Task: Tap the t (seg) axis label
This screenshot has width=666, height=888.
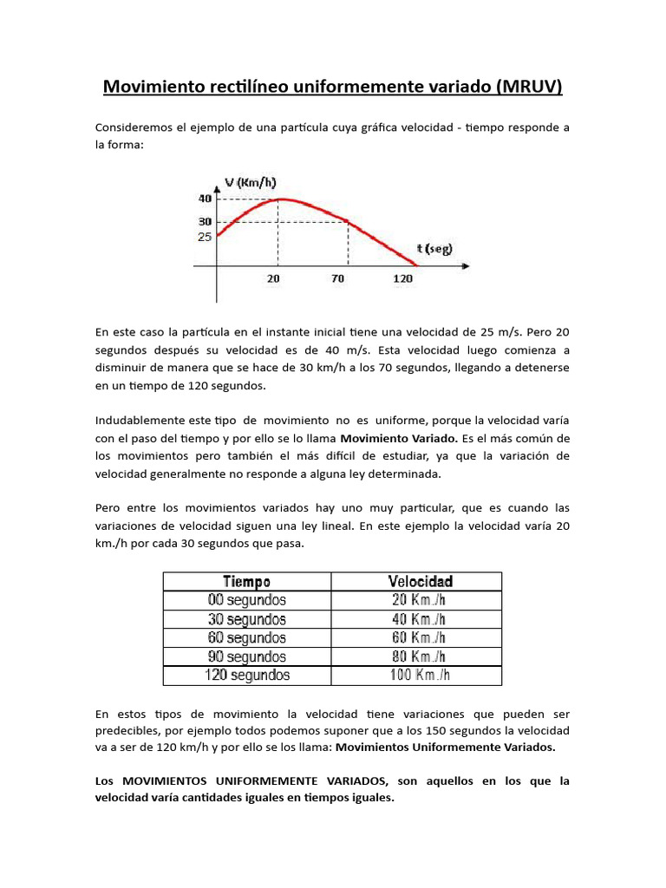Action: (x=432, y=249)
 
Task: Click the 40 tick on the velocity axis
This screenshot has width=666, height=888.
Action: (x=205, y=199)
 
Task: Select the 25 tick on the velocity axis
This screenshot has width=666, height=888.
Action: (x=205, y=237)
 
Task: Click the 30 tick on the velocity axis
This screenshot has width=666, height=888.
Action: (x=205, y=222)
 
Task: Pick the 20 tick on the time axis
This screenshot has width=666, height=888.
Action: (x=273, y=279)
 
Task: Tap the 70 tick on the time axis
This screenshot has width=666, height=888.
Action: (x=337, y=279)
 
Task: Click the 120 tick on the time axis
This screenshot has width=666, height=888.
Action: (x=403, y=279)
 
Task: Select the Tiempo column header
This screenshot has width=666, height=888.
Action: (x=247, y=581)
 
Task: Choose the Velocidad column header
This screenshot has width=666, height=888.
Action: (x=419, y=581)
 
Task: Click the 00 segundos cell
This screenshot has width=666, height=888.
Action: (x=247, y=600)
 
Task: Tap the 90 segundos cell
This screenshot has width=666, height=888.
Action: (x=247, y=656)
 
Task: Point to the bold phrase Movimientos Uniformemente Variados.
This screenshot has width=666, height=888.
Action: (x=446, y=747)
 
